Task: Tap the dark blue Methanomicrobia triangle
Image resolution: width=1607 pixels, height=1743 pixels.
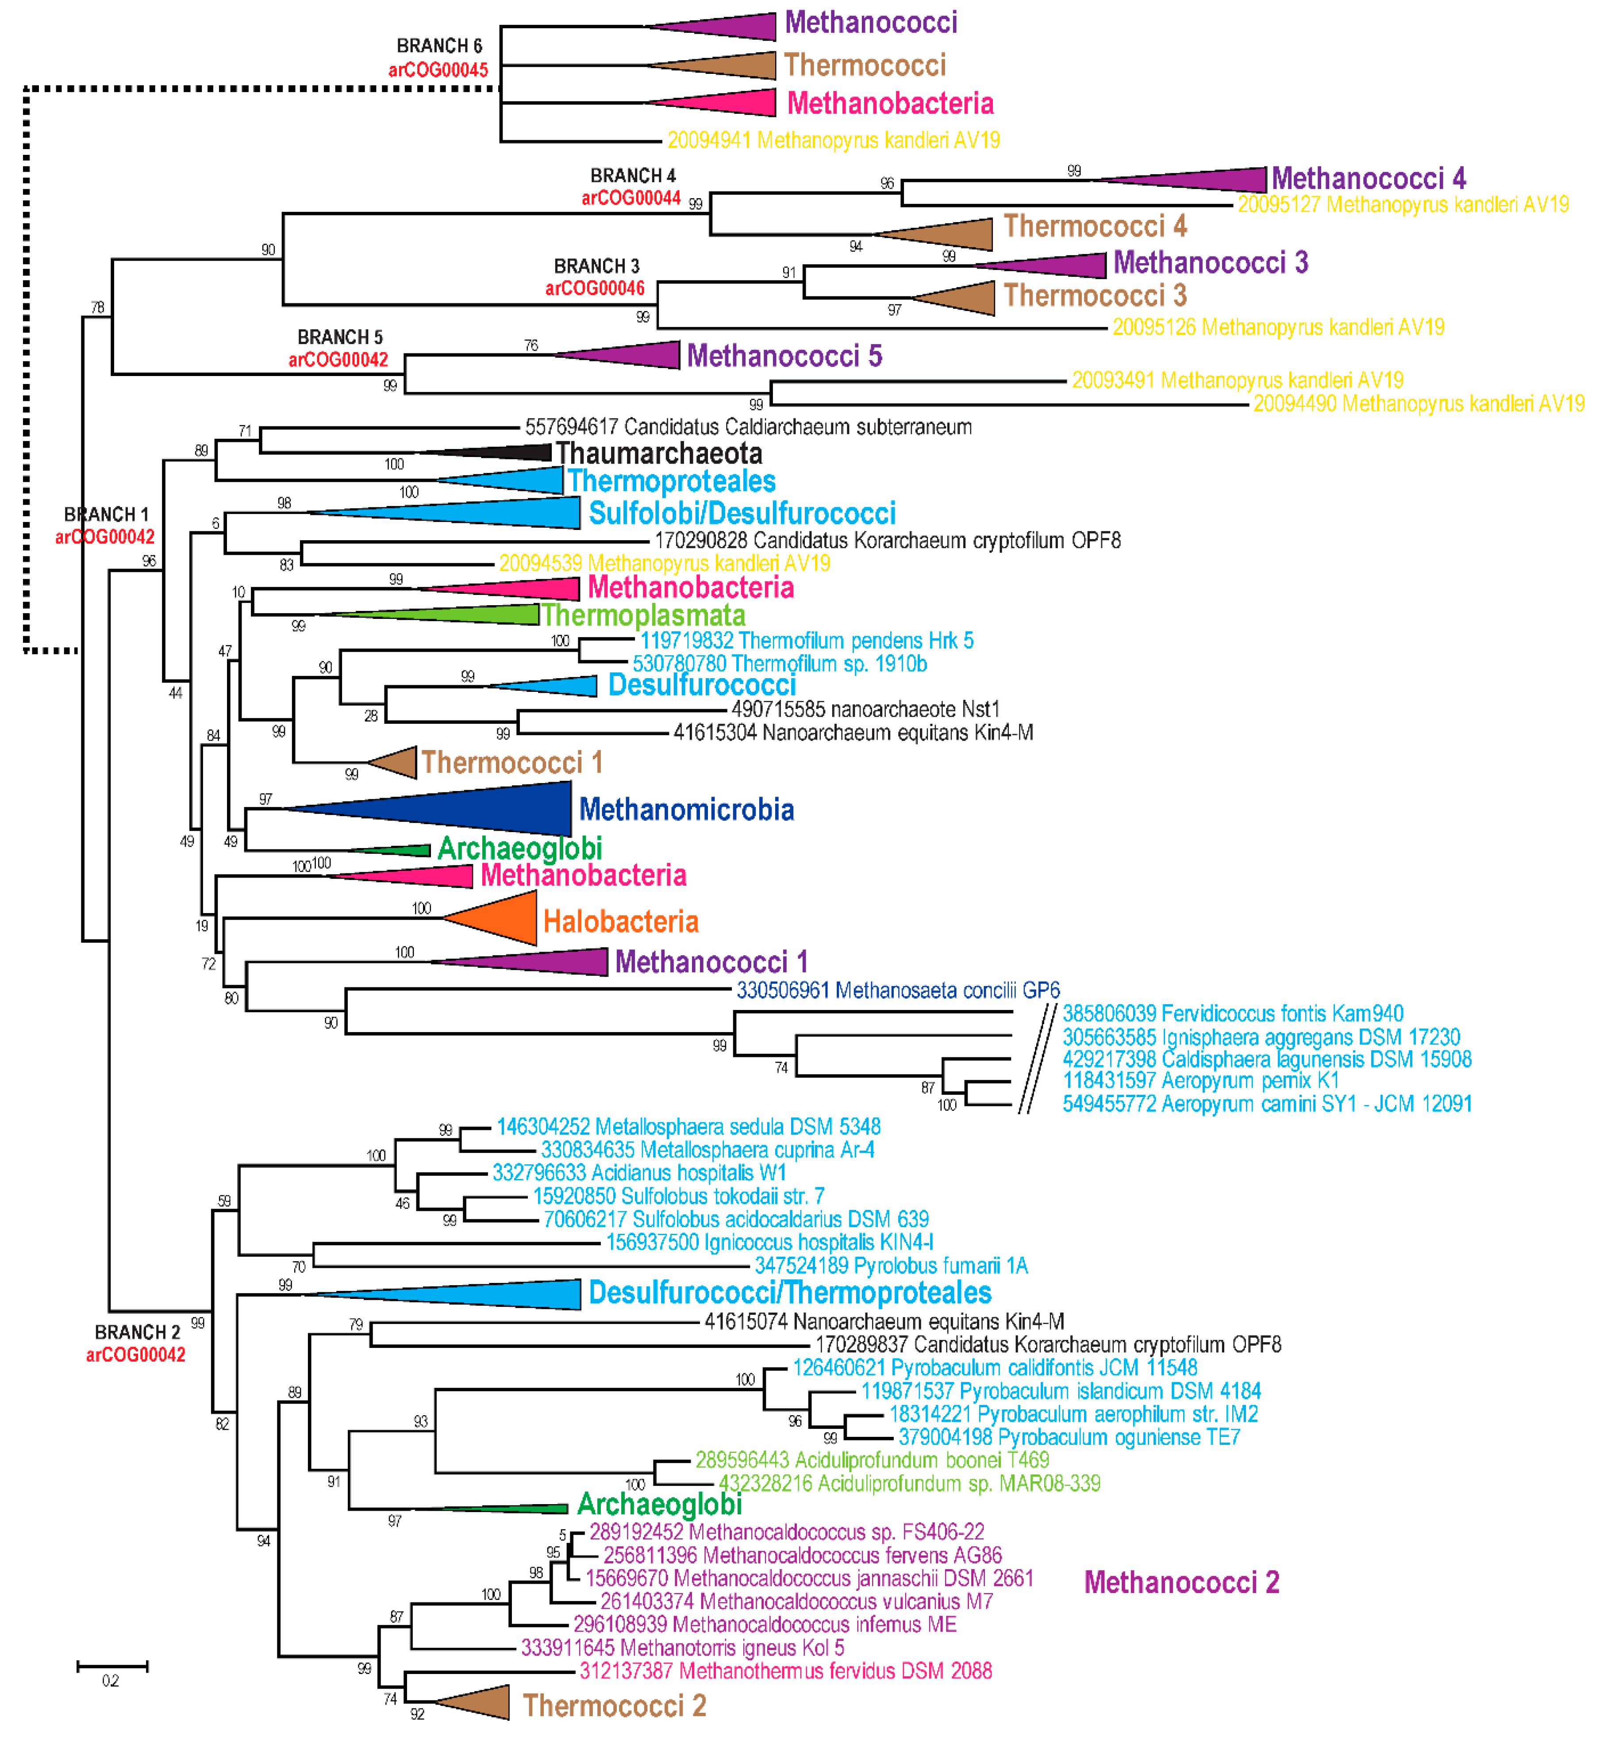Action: pyautogui.click(x=487, y=809)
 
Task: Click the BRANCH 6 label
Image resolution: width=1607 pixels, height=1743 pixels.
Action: pyautogui.click(x=439, y=45)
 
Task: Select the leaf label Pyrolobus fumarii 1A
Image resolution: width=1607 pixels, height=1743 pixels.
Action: pyautogui.click(x=892, y=1266)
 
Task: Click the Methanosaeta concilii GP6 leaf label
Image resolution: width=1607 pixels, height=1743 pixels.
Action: pyautogui.click(x=898, y=990)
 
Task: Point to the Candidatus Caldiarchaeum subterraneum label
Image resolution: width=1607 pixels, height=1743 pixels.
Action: pyautogui.click(x=748, y=427)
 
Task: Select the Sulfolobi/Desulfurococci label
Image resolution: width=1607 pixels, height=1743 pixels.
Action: pyautogui.click(x=742, y=513)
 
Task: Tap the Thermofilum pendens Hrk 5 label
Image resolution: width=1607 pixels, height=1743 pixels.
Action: pyautogui.click(x=807, y=641)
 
